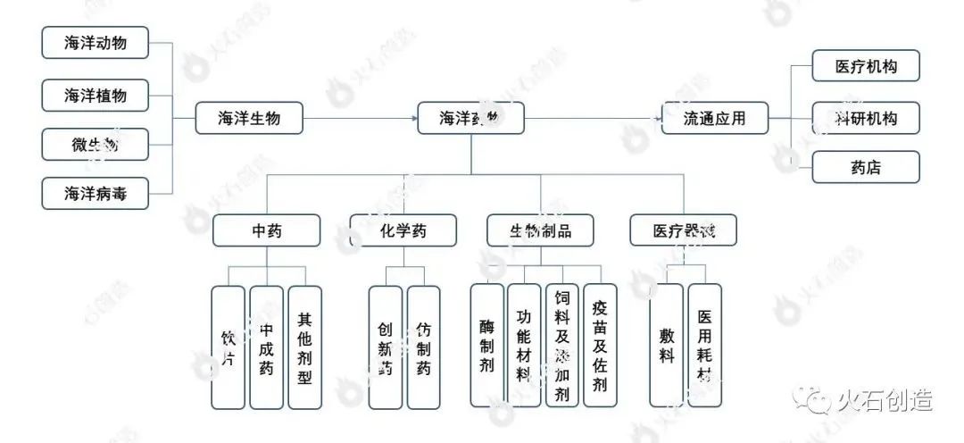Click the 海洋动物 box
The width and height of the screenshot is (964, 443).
[x=96, y=43]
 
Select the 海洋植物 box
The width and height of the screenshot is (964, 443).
[x=96, y=94]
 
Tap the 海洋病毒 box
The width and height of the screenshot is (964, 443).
[x=96, y=193]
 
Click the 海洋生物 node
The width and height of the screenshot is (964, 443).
[x=249, y=118]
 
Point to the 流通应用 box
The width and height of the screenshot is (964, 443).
[x=714, y=118]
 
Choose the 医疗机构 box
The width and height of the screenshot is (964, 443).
[x=865, y=67]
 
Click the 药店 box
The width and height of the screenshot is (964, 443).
[x=865, y=166]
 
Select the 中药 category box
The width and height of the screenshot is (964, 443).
[x=266, y=231]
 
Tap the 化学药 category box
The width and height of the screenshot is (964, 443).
[x=403, y=231]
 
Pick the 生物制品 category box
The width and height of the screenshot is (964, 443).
[x=540, y=231]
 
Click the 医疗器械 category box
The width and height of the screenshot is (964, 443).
[x=684, y=231]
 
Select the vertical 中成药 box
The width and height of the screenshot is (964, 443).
[x=266, y=347]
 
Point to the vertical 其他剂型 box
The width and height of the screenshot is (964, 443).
[x=304, y=347]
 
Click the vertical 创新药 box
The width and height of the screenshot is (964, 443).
[x=385, y=347]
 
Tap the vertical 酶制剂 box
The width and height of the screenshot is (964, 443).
[x=486, y=347]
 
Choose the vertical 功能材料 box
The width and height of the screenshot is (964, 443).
[x=524, y=347]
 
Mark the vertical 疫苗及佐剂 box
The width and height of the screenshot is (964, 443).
[x=600, y=347]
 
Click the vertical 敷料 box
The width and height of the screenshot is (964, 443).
[x=666, y=347]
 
